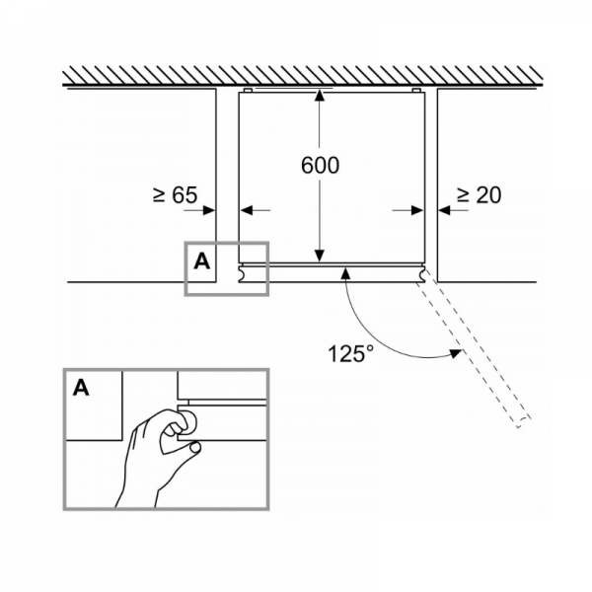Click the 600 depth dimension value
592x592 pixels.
[x=320, y=165]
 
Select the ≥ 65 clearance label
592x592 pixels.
[x=176, y=194]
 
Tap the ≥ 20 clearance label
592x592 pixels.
[x=480, y=194]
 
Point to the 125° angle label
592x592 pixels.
[x=350, y=354]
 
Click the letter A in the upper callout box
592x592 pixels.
[x=201, y=260]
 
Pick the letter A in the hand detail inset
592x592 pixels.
[x=81, y=388]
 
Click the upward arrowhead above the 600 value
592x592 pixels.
[x=320, y=95]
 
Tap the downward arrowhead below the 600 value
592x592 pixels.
[x=320, y=256]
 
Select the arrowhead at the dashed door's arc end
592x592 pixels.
[x=455, y=353]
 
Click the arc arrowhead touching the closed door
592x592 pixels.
[x=345, y=273]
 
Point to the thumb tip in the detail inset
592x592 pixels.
[x=194, y=448]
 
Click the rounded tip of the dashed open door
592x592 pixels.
[x=524, y=422]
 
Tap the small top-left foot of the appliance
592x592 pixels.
[x=248, y=91]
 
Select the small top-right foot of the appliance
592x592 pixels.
[x=416, y=91]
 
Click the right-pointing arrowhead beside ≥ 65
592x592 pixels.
[x=209, y=210]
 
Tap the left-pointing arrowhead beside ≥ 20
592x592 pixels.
[x=444, y=210]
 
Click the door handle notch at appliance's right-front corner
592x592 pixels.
[x=421, y=273]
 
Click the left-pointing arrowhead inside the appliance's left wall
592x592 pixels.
[x=247, y=210]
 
